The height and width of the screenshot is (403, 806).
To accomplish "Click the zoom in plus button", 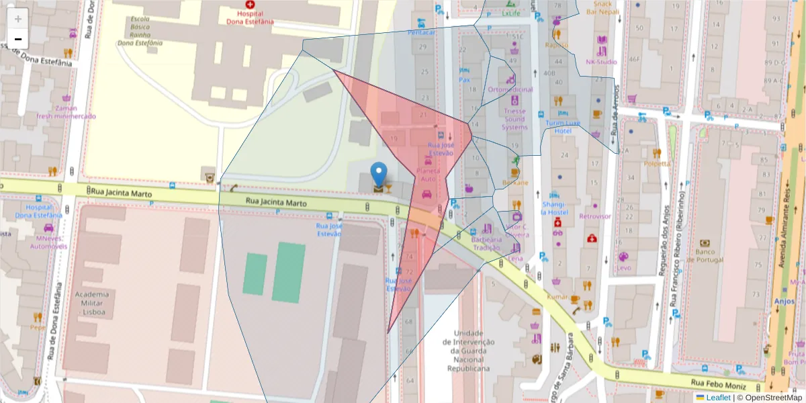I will (x=18, y=18).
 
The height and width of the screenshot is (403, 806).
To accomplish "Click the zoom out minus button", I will (x=18, y=39).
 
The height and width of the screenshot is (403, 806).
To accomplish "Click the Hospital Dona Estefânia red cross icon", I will (x=250, y=5).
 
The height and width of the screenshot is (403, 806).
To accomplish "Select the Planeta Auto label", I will (x=428, y=175).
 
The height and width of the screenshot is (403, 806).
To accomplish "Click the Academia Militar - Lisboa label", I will (x=92, y=303).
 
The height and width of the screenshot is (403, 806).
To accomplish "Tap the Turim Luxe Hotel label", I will (x=562, y=127).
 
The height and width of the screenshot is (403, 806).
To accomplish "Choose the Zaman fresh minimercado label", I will (x=66, y=112).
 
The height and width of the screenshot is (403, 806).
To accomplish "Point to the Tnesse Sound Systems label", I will (x=515, y=119).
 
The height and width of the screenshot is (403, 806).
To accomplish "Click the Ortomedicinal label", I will (x=510, y=89).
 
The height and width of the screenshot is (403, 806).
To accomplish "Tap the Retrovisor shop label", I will (x=595, y=216).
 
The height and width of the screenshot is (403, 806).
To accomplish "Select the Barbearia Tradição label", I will (x=486, y=243).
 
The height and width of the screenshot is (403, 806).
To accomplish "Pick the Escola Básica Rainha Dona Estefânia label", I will (x=141, y=31).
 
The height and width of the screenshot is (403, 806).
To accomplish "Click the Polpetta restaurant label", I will (x=656, y=163).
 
